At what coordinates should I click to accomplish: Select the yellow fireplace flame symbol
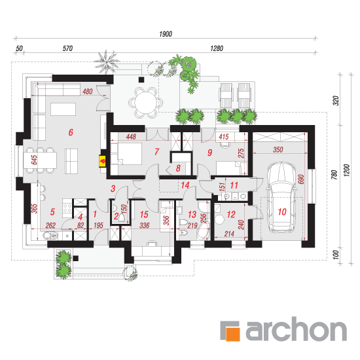[102, 161]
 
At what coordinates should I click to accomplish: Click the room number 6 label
[71, 132]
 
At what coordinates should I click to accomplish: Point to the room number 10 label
[282, 211]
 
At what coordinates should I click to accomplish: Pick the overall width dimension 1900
[166, 34]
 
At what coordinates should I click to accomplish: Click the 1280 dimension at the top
[217, 48]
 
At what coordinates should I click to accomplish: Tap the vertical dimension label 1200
[346, 170]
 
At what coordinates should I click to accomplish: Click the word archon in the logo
[296, 329]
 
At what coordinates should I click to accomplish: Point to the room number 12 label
[231, 215]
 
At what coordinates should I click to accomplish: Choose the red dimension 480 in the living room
[88, 92]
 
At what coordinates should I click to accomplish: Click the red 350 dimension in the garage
[278, 150]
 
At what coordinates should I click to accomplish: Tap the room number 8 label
[178, 168]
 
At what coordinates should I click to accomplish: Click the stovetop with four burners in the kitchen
[67, 208]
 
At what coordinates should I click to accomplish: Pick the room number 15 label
[144, 215]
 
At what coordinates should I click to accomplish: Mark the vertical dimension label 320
[336, 101]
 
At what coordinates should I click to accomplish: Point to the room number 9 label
[209, 153]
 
